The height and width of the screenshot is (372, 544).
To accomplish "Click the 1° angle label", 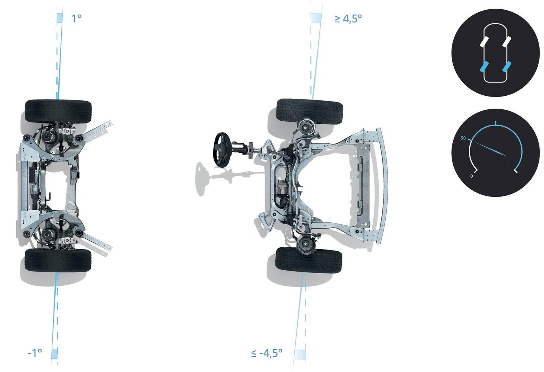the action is tap(76, 18).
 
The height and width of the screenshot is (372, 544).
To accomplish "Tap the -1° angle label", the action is tap(35, 352).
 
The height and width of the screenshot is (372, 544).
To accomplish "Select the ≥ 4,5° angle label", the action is tap(348, 19).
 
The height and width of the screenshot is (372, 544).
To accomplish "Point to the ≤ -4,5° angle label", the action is tap(267, 353).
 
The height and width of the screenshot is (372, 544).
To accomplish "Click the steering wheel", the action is tap(222, 149).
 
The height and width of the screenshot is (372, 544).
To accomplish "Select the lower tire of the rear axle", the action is tap(58, 260).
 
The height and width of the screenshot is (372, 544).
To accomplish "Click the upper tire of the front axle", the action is tap(309, 112).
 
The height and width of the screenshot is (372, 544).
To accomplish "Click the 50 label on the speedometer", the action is tap(463, 138).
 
